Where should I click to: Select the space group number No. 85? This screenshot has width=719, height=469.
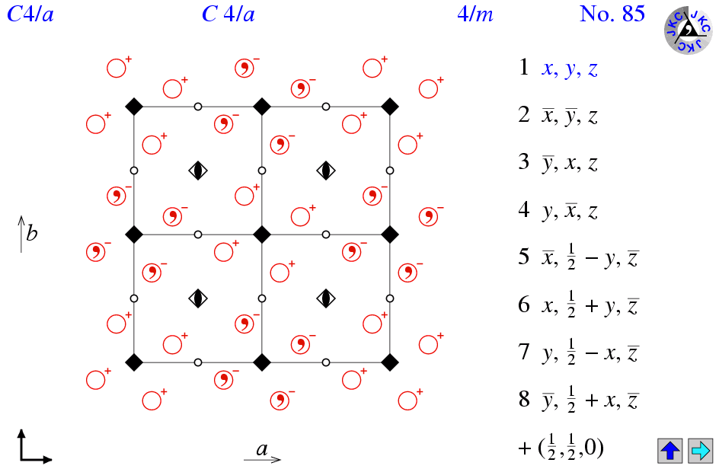point(612,14)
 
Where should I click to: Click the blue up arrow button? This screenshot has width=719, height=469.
point(671,450)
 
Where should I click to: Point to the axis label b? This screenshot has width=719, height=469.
point(31,233)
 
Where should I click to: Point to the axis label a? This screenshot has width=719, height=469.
point(261,449)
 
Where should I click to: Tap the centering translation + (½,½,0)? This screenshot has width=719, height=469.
point(561,448)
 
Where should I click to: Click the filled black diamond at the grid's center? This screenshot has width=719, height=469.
point(262,234)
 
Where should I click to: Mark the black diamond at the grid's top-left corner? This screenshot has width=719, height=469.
point(134,107)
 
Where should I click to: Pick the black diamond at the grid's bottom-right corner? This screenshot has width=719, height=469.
point(390,362)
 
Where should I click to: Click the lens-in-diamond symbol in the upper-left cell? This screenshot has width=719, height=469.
point(198,171)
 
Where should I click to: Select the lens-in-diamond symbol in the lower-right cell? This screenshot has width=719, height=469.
point(326,298)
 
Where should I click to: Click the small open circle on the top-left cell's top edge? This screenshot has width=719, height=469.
point(198,107)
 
